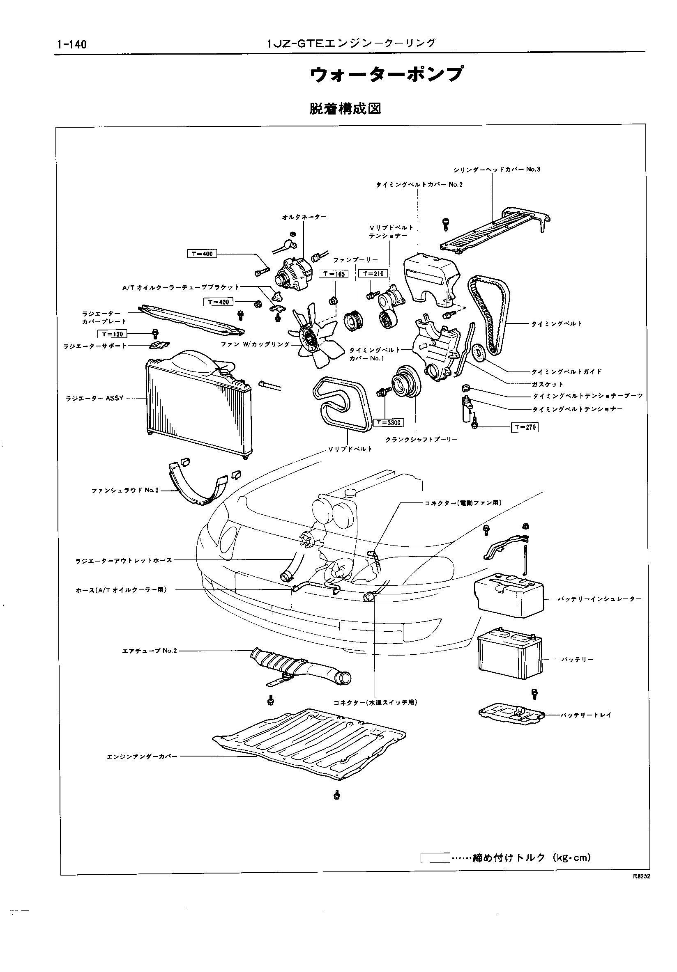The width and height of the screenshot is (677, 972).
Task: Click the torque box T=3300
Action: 388,422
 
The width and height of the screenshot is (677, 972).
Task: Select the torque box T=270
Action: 525,427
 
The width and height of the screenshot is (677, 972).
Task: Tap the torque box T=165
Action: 333,274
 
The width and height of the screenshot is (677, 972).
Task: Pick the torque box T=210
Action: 373,273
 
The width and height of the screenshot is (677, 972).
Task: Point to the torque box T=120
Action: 112,334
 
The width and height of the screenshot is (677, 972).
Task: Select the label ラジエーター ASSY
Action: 94,398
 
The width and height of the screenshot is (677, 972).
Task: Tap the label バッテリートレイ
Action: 586,715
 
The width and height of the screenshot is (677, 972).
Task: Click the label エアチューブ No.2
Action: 150,651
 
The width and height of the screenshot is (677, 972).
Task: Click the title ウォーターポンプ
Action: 386,75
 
